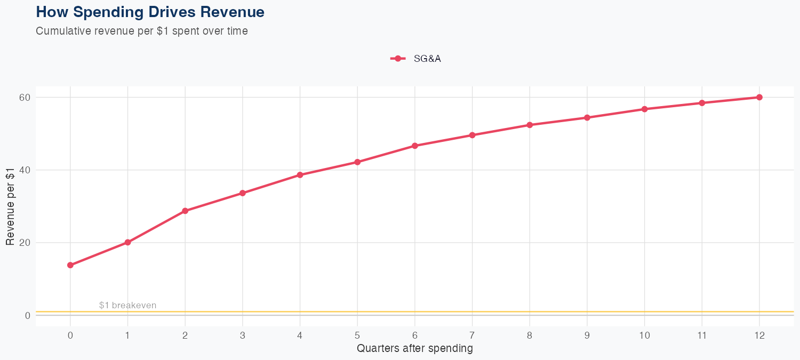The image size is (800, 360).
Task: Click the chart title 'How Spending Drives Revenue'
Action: [x=150, y=12]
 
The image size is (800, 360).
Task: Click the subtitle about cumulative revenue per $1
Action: [x=142, y=31]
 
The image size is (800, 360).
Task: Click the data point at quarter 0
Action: [x=70, y=265]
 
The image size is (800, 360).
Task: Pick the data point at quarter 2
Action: [x=185, y=211]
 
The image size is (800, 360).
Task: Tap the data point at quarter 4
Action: [x=300, y=175]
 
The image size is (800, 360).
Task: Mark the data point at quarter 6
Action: [x=415, y=146]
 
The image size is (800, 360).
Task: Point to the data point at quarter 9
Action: [x=587, y=117]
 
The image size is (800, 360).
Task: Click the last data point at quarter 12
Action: [x=759, y=97]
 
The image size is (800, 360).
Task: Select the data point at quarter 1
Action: [x=127, y=242]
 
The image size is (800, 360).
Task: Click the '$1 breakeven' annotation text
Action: [x=127, y=305]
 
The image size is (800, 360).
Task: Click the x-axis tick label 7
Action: [x=472, y=335]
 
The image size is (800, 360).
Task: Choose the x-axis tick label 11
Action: [x=702, y=335]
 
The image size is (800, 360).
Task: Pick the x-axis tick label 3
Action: [x=243, y=335]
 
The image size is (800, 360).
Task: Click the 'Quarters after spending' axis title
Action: [x=415, y=349]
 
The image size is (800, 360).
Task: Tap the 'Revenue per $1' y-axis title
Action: [x=10, y=206]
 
